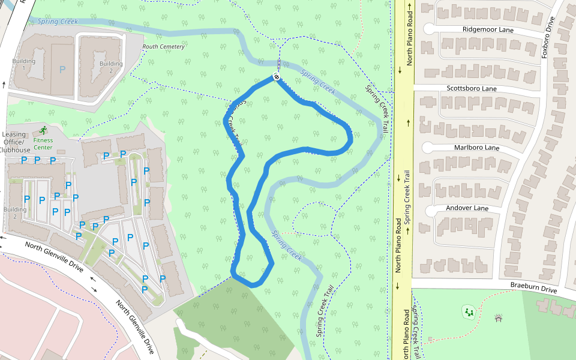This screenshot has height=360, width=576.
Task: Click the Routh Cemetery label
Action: [x=164, y=47]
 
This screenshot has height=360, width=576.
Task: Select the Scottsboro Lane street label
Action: [x=472, y=89]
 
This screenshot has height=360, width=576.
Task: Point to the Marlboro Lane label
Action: [x=476, y=148]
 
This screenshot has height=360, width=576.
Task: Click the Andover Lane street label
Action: [x=467, y=208]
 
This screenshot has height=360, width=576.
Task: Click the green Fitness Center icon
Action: [x=43, y=130]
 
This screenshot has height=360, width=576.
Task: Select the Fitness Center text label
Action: [x=43, y=144]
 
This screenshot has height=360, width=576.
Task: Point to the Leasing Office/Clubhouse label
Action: [x=14, y=142]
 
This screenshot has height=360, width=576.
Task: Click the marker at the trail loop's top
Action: [x=276, y=76]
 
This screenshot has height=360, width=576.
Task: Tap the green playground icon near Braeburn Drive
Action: [x=468, y=311]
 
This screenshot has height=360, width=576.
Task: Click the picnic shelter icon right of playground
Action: [x=499, y=318]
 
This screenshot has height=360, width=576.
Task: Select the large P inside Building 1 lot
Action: [x=62, y=70]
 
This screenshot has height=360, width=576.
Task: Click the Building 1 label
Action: [x=24, y=64]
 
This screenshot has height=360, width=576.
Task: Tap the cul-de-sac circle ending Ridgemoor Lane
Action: [x=429, y=28]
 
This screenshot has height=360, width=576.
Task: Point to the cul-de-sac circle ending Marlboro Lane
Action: [x=428, y=147]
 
